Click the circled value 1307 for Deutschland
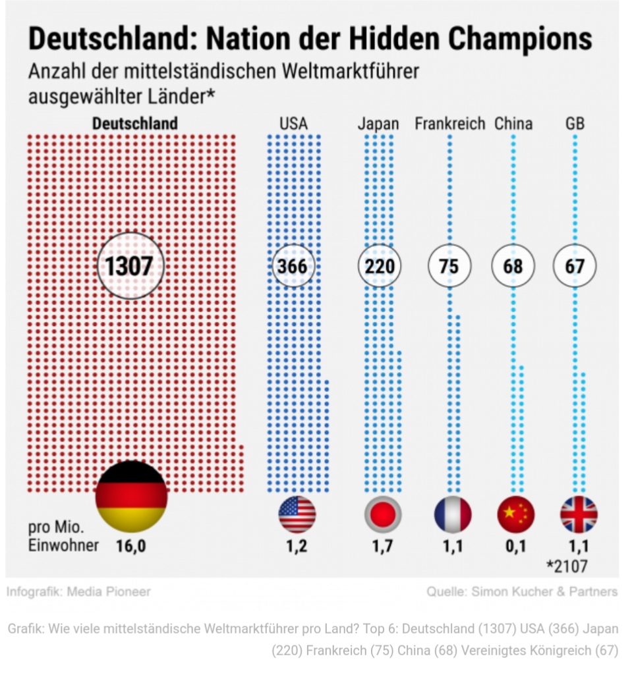pos(130,265)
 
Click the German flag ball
pos(131,497)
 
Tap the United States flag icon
pos(297,514)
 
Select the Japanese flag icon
pos(382,514)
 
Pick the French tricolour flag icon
pos(453,514)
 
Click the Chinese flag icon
pos(515,514)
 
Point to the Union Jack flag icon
pos(579,514)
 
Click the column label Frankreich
pos(449,124)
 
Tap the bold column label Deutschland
pos(135,124)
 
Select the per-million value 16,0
pos(130,546)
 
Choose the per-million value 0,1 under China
pos(515,546)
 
